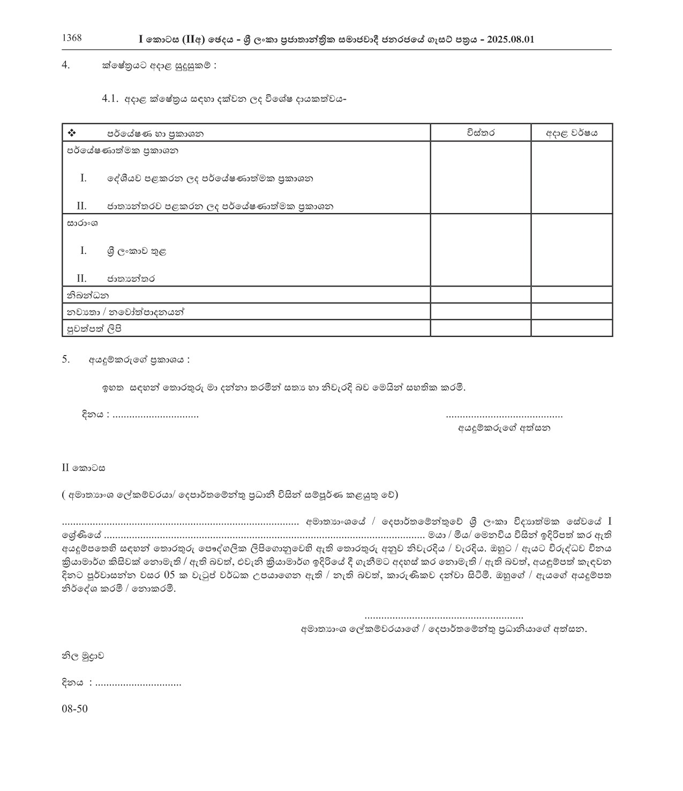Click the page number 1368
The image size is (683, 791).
tap(72, 37)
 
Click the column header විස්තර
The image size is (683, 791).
tap(481, 133)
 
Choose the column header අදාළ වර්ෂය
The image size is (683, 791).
tap(572, 133)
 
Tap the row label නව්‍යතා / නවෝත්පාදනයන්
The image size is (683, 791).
tap(125, 312)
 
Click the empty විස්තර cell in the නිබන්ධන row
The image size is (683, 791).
tap(481, 295)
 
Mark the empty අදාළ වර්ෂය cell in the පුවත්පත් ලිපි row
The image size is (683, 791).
tap(572, 329)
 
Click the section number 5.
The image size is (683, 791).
tap(66, 360)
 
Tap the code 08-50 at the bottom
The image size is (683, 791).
tap(74, 709)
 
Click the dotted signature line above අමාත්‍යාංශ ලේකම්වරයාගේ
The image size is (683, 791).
tap(444, 617)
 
